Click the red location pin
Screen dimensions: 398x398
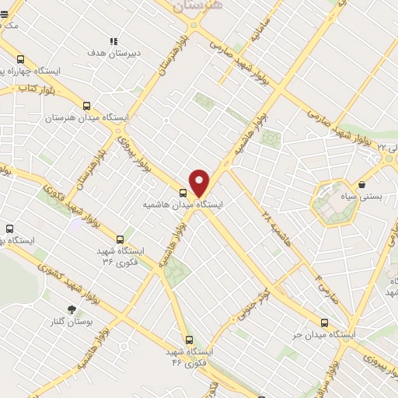(200, 182)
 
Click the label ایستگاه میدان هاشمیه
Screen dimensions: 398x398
(183, 204)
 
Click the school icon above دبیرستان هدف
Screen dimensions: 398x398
(113, 42)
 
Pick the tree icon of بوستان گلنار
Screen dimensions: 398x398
(72, 309)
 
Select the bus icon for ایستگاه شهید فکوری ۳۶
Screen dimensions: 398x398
(120, 239)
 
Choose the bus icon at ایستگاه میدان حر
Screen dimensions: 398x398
(324, 323)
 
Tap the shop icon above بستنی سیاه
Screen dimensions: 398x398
(362, 184)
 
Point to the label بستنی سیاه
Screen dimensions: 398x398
(362, 197)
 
